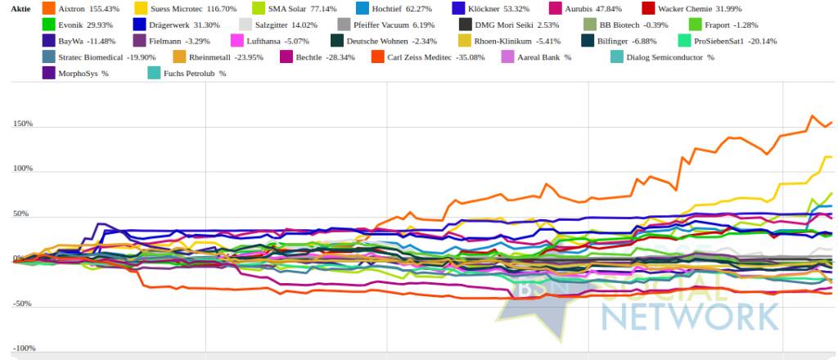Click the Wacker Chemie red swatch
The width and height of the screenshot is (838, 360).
click(x=648, y=8)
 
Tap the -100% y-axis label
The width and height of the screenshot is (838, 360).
click(x=24, y=349)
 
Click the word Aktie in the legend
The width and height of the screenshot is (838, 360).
click(x=20, y=8)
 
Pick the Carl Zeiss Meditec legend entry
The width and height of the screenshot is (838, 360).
click(x=428, y=57)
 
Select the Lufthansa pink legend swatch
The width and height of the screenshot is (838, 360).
click(x=236, y=41)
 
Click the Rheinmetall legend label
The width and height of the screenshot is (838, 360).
click(x=210, y=57)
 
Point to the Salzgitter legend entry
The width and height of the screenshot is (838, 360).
click(x=277, y=25)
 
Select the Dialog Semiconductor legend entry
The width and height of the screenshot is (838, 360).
click(x=662, y=57)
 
